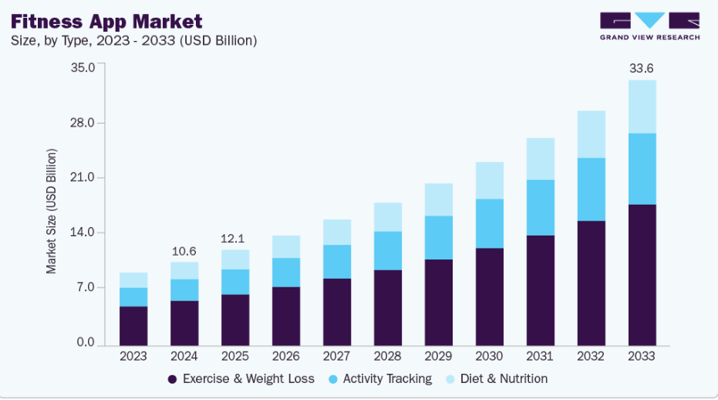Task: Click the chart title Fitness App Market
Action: (106, 21)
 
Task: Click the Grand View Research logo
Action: (649, 25)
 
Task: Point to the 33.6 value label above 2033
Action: (642, 69)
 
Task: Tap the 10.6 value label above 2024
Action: (184, 251)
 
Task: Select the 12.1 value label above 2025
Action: (234, 239)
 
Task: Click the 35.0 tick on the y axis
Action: (82, 67)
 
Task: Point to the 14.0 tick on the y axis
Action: (82, 232)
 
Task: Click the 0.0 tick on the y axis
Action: (85, 343)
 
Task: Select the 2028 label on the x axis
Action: (387, 356)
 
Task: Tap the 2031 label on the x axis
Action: (540, 356)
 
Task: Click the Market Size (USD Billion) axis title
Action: (52, 211)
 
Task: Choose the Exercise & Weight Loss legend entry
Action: (241, 379)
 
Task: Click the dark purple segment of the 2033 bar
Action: (642, 274)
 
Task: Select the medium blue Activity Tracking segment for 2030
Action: (489, 223)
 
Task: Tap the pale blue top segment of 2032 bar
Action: (591, 134)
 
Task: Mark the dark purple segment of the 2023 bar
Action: (133, 325)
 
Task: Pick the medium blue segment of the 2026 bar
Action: (285, 272)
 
